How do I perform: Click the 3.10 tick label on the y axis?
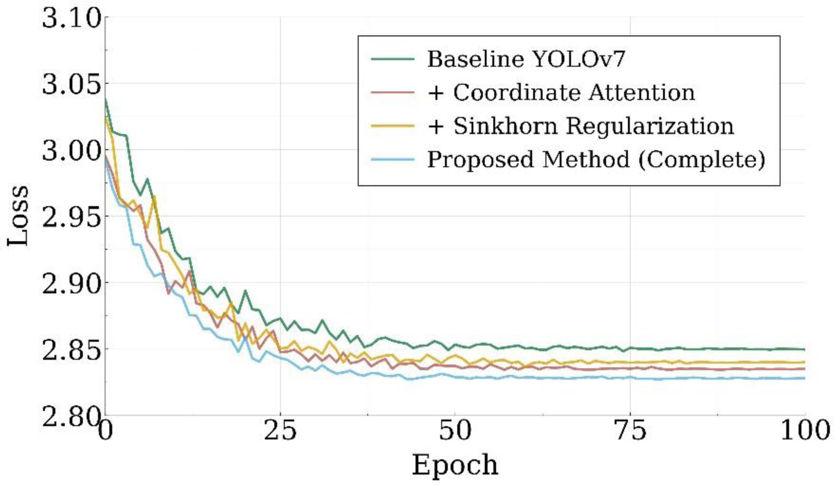pos(72,19)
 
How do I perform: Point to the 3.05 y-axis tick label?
pos(72,85)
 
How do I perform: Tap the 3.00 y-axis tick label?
pos(72,151)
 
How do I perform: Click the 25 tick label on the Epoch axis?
pos(280,432)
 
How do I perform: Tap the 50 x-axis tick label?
pos(455,432)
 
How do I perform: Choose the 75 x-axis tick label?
pos(630,432)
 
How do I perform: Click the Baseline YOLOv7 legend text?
pos(526,59)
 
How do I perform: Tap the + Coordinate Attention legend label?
pos(561,93)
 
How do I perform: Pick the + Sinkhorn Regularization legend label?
pos(581,126)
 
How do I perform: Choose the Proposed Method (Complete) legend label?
pos(596,160)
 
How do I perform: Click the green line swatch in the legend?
pos(393,59)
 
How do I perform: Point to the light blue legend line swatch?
pos(393,160)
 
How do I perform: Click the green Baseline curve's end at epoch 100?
pos(804,349)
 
